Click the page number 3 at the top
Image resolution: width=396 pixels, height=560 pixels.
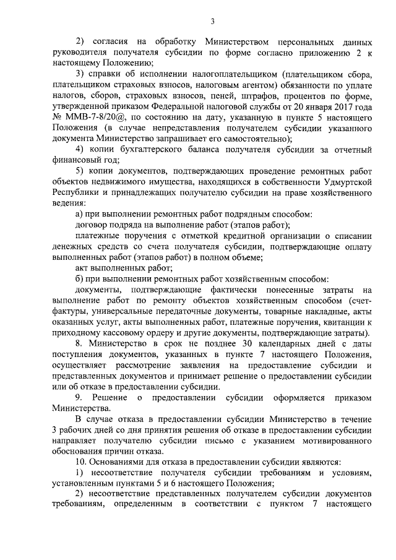pyautogui.click(x=212, y=22)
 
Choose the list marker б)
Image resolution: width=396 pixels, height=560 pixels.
pyautogui.click(x=79, y=278)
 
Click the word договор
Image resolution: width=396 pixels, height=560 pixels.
pyautogui.click(x=92, y=225)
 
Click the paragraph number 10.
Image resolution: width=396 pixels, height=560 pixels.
pyautogui.click(x=80, y=462)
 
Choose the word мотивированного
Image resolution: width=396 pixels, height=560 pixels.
pyautogui.click(x=332, y=439)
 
